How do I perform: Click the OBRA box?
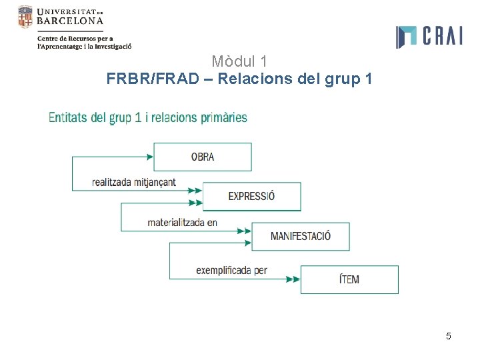pyautogui.click(x=203, y=157)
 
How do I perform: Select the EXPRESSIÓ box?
pyautogui.click(x=251, y=196)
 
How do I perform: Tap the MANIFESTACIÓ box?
pyautogui.click(x=300, y=236)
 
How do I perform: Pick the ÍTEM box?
pyautogui.click(x=349, y=279)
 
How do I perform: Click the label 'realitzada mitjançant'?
pyautogui.click(x=134, y=182)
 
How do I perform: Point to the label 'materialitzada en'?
pyautogui.click(x=183, y=222)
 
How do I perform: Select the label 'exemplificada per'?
pyautogui.click(x=231, y=270)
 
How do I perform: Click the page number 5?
pyautogui.click(x=449, y=336)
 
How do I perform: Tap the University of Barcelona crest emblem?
pyautogui.click(x=25, y=17)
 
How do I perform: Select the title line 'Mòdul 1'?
pyautogui.click(x=239, y=62)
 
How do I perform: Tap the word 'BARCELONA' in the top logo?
pyautogui.click(x=71, y=21)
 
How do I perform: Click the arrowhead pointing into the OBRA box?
pyautogui.click(x=149, y=157)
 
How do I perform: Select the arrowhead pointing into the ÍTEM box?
pyautogui.click(x=293, y=279)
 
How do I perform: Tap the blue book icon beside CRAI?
pyautogui.click(x=406, y=37)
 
